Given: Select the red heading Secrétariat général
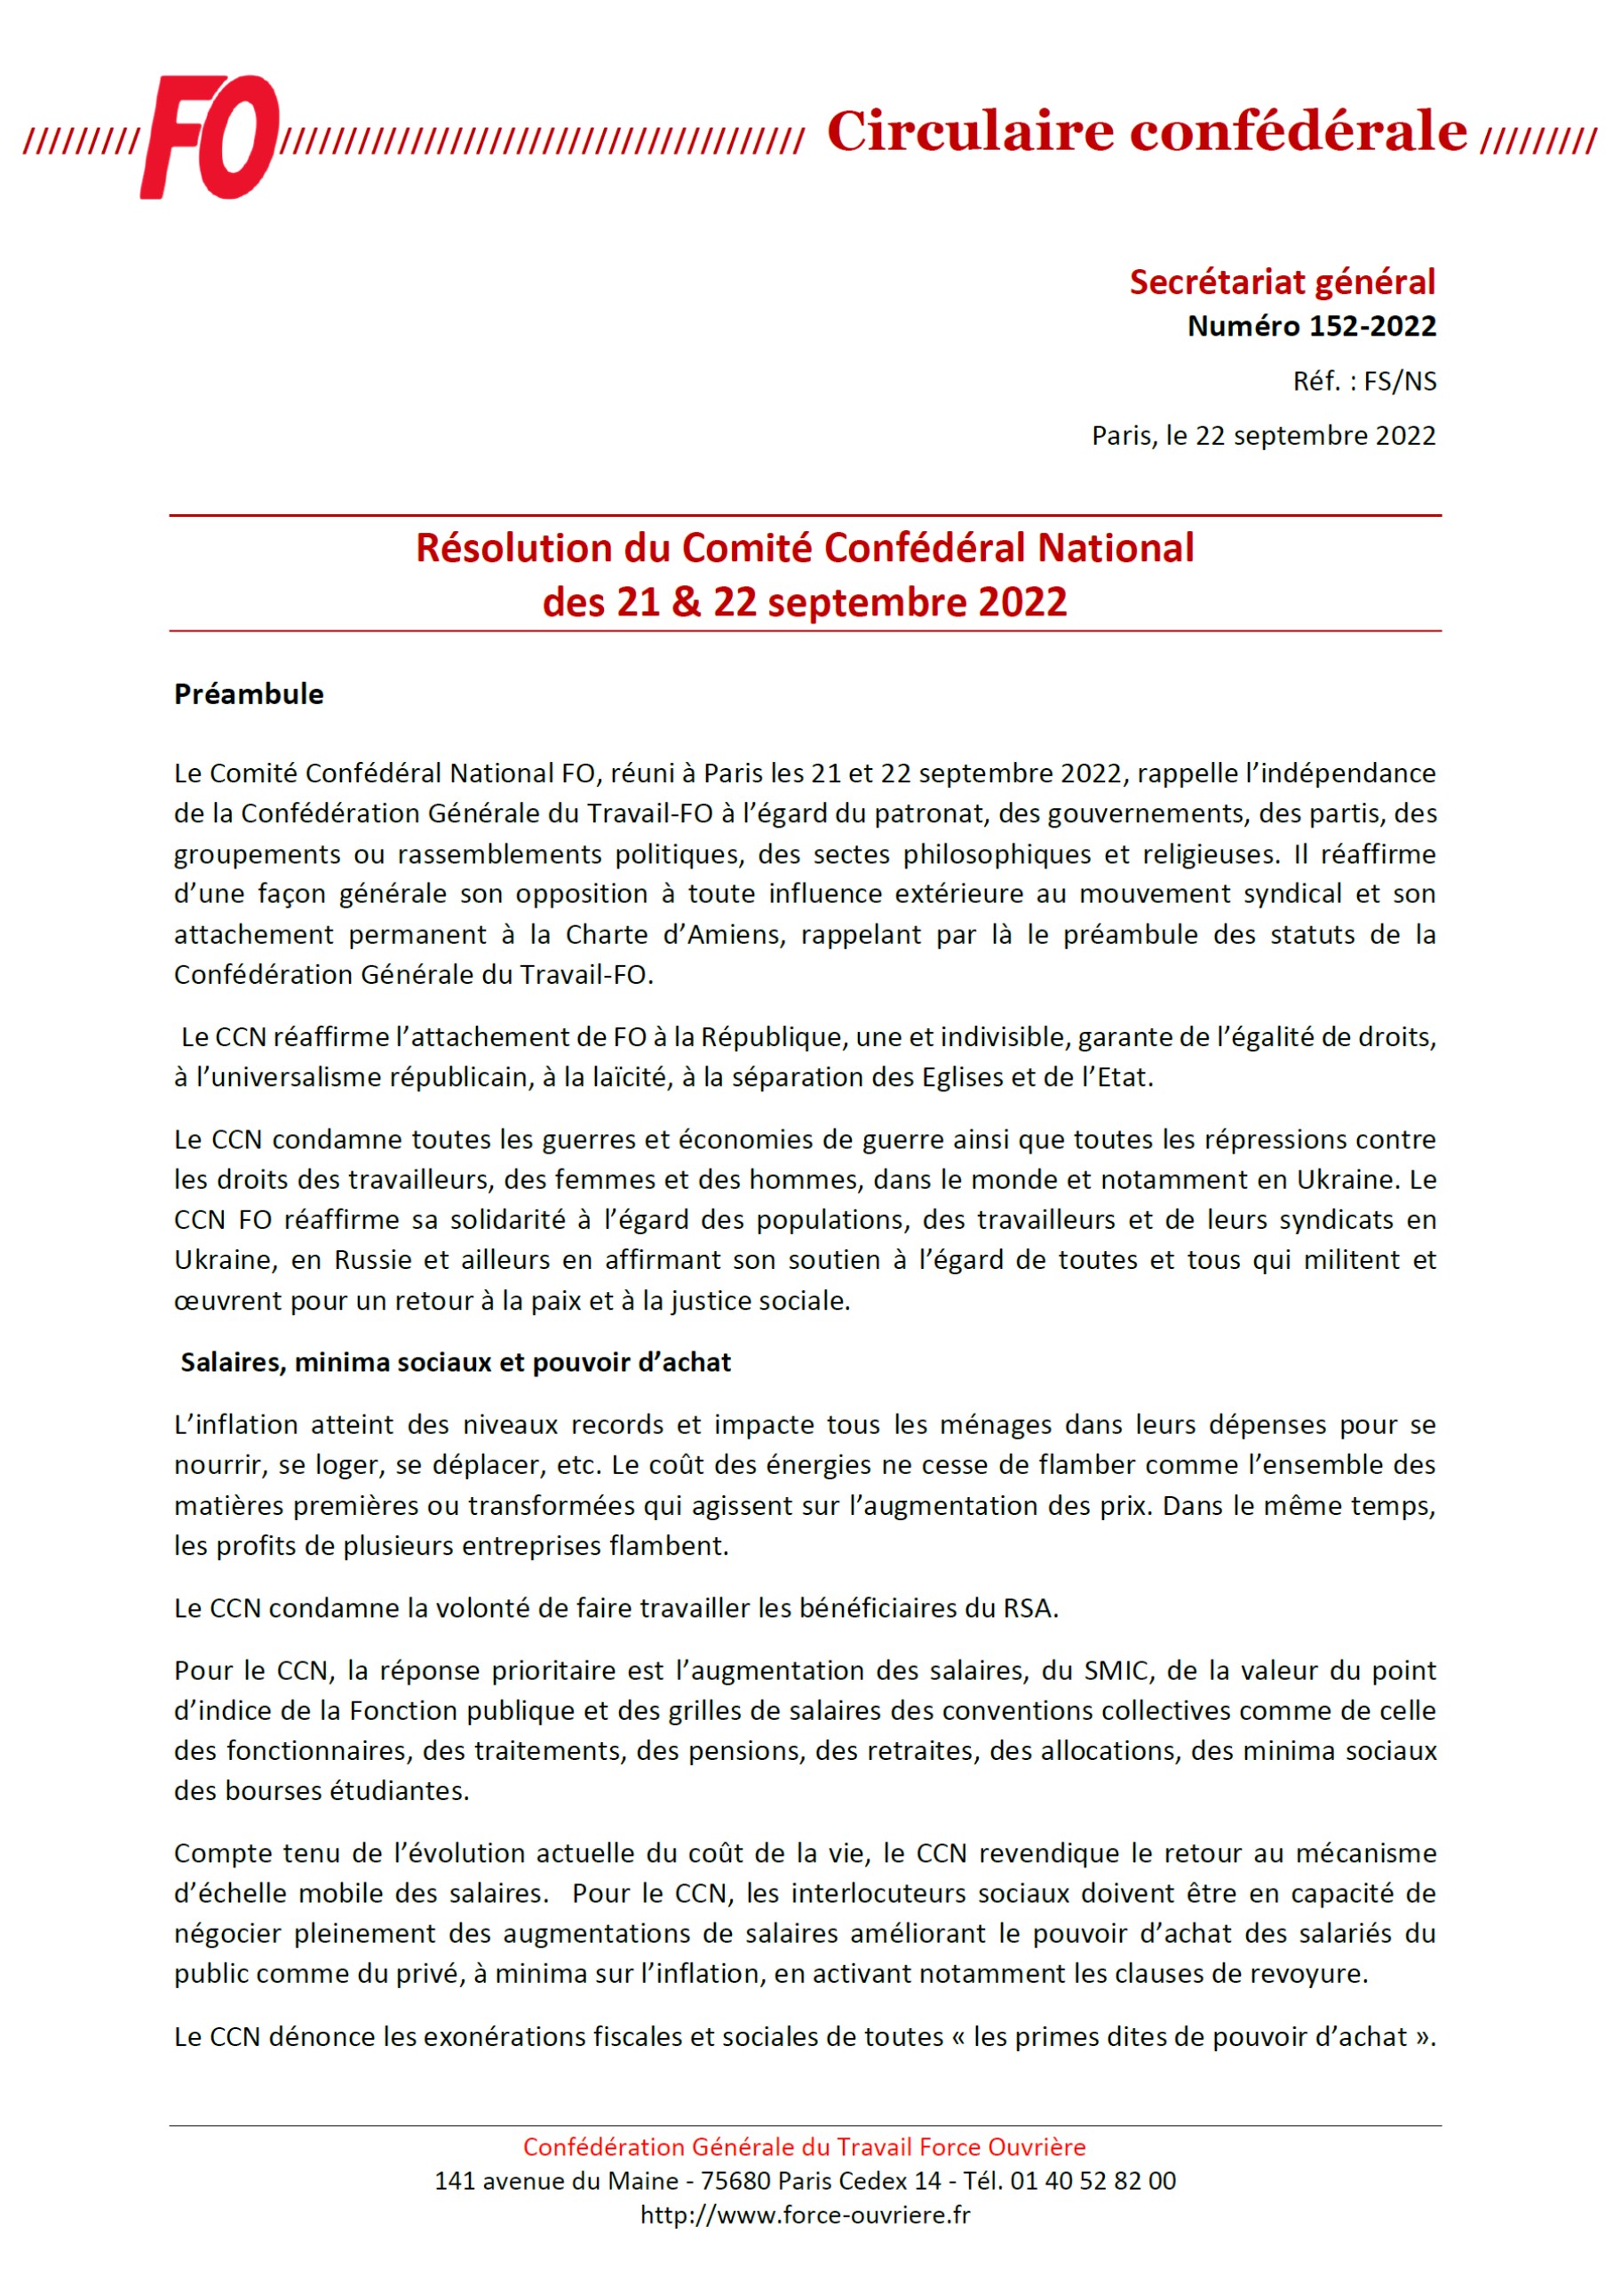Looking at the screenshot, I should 1282,282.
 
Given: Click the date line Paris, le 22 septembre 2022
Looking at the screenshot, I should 1262,435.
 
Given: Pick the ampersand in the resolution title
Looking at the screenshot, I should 686,603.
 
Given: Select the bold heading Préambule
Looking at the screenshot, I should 249,694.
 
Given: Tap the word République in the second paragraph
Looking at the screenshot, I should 771,1036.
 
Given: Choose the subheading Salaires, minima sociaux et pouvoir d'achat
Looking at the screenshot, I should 455,1361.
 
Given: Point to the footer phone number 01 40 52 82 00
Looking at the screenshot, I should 1093,2181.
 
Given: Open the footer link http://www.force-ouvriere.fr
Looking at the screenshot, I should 805,2215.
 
